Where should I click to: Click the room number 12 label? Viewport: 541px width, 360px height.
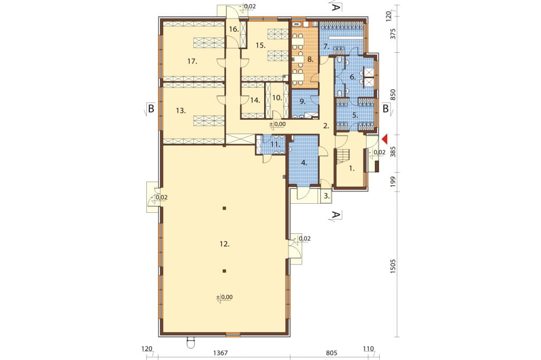click(224, 244)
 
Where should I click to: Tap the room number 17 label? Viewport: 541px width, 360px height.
click(192, 61)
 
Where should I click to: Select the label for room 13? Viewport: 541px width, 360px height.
click(181, 111)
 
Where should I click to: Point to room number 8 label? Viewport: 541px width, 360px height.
click(310, 59)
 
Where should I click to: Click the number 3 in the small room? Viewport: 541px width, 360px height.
click(327, 196)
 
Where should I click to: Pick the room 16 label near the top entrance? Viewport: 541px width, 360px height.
click(234, 29)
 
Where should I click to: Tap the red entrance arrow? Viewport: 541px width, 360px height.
click(385, 139)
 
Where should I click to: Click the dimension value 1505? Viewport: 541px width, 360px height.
click(393, 267)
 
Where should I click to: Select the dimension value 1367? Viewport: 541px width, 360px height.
click(220, 353)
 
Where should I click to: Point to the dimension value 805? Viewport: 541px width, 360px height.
click(331, 353)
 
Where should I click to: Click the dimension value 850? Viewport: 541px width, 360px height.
click(393, 95)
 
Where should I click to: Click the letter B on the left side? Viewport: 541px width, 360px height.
click(151, 109)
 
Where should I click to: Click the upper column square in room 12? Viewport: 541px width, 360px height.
click(224, 208)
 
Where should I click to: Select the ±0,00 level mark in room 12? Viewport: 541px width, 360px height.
click(224, 297)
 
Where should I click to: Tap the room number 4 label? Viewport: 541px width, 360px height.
click(304, 163)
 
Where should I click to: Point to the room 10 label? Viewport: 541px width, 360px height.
click(277, 98)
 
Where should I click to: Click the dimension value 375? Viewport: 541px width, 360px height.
click(393, 34)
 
